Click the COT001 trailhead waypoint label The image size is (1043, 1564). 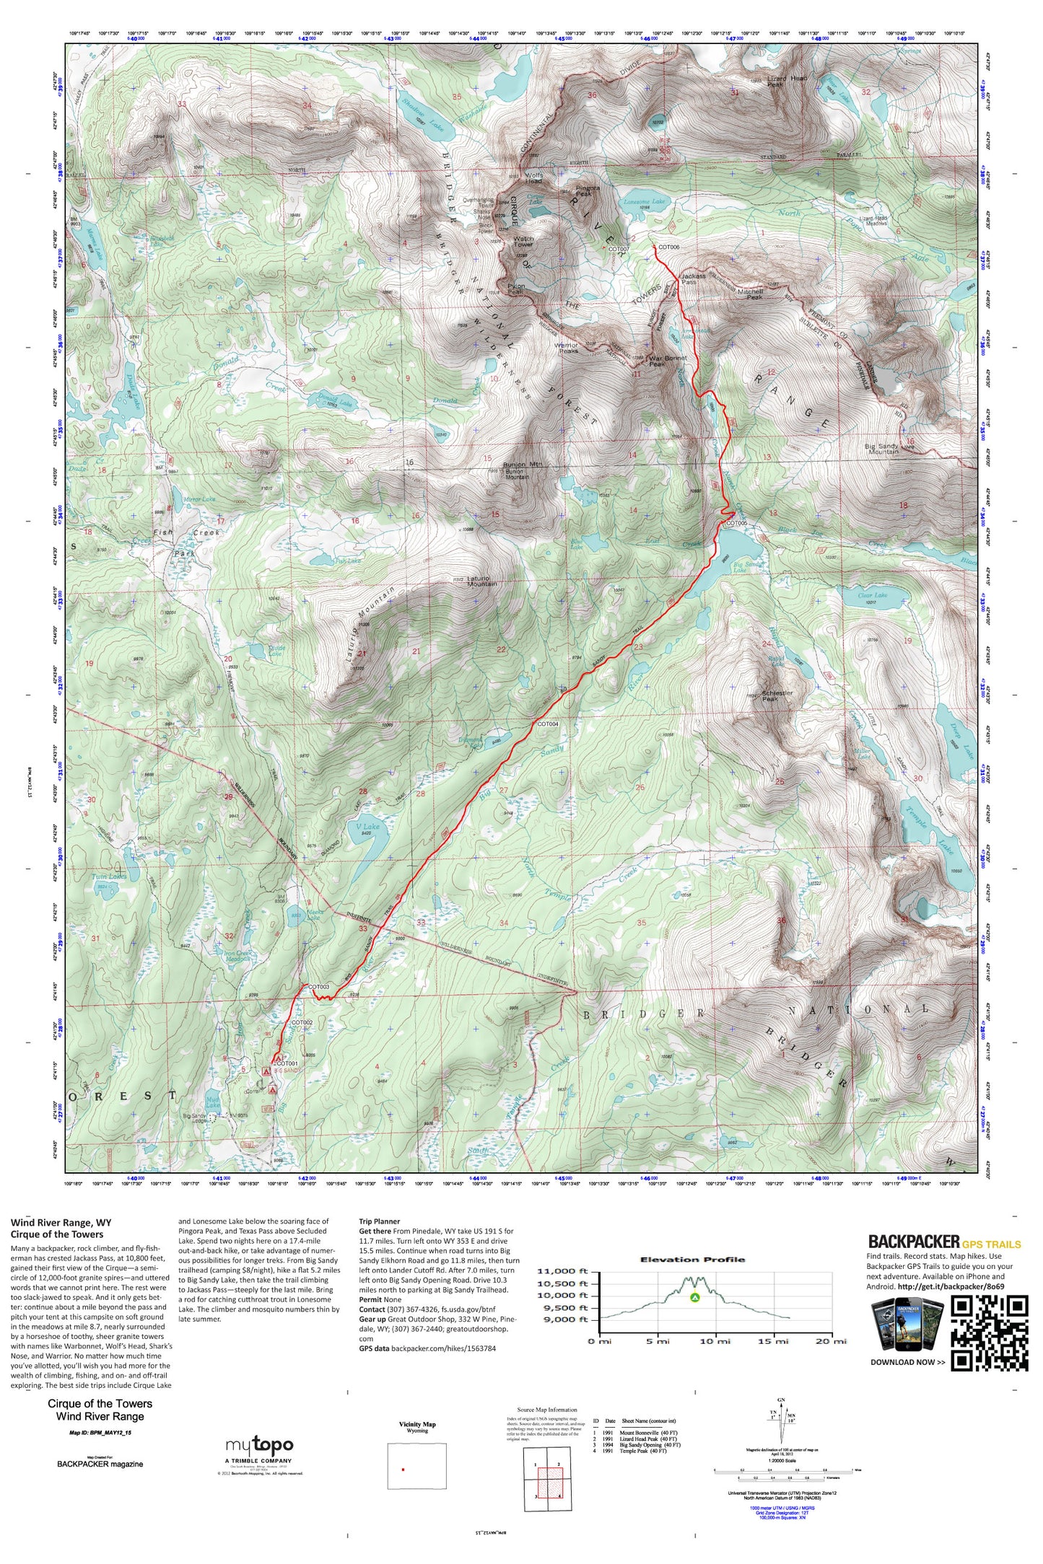(x=287, y=1063)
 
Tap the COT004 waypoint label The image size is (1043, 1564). (x=547, y=724)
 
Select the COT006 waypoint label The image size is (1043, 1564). (x=668, y=247)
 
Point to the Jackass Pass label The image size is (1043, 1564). (x=693, y=279)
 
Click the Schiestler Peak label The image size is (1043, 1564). (x=777, y=695)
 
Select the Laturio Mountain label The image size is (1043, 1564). (x=481, y=581)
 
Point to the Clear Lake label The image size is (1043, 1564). (x=873, y=595)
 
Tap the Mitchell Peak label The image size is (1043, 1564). (x=750, y=294)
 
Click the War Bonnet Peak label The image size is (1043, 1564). (x=666, y=361)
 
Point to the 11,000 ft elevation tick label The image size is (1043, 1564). (x=563, y=1272)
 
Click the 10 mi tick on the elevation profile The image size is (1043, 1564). (x=715, y=1341)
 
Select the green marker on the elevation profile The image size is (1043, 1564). (x=694, y=1298)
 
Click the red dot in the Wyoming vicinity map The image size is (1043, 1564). (x=403, y=1469)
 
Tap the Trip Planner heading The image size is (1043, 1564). (x=379, y=1222)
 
